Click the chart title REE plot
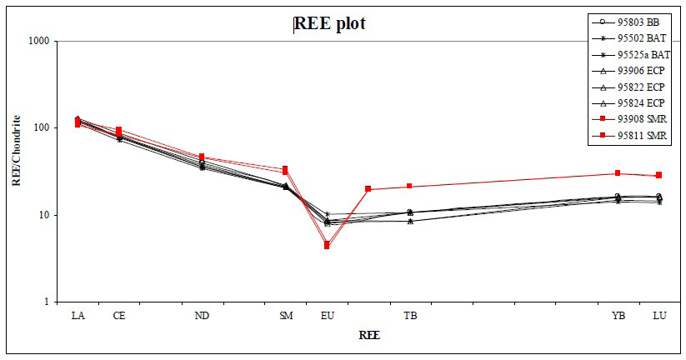coord(330,23)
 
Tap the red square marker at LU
coord(658,175)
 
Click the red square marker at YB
coord(618,173)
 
